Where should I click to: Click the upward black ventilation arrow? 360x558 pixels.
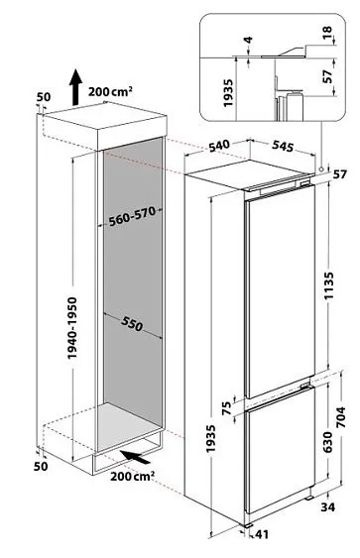74,87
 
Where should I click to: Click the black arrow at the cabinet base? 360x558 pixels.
135,457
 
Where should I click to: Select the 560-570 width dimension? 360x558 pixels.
132,217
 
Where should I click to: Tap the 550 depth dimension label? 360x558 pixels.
132,323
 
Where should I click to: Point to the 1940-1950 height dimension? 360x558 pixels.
72,328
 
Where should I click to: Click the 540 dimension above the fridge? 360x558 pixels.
218,146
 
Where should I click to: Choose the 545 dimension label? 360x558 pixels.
283,146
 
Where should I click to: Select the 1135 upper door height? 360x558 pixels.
328,285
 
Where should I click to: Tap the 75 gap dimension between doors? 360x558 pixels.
227,406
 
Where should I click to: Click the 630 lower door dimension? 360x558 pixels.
327,442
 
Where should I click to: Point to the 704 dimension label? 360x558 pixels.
341,416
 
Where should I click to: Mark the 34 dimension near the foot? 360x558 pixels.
327,506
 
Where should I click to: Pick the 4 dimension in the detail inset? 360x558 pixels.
249,40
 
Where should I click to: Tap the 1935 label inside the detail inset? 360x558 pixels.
228,93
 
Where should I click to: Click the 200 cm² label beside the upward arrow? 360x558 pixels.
111,91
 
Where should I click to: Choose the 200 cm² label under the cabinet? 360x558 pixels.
132,476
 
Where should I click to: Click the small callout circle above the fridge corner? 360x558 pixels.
321,168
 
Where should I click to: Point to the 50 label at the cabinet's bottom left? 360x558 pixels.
41,466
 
